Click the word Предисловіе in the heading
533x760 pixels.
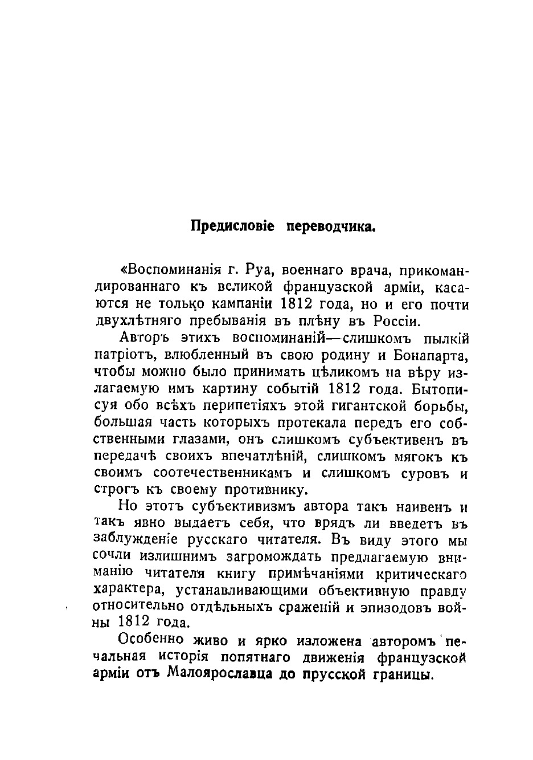[x=232, y=226]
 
